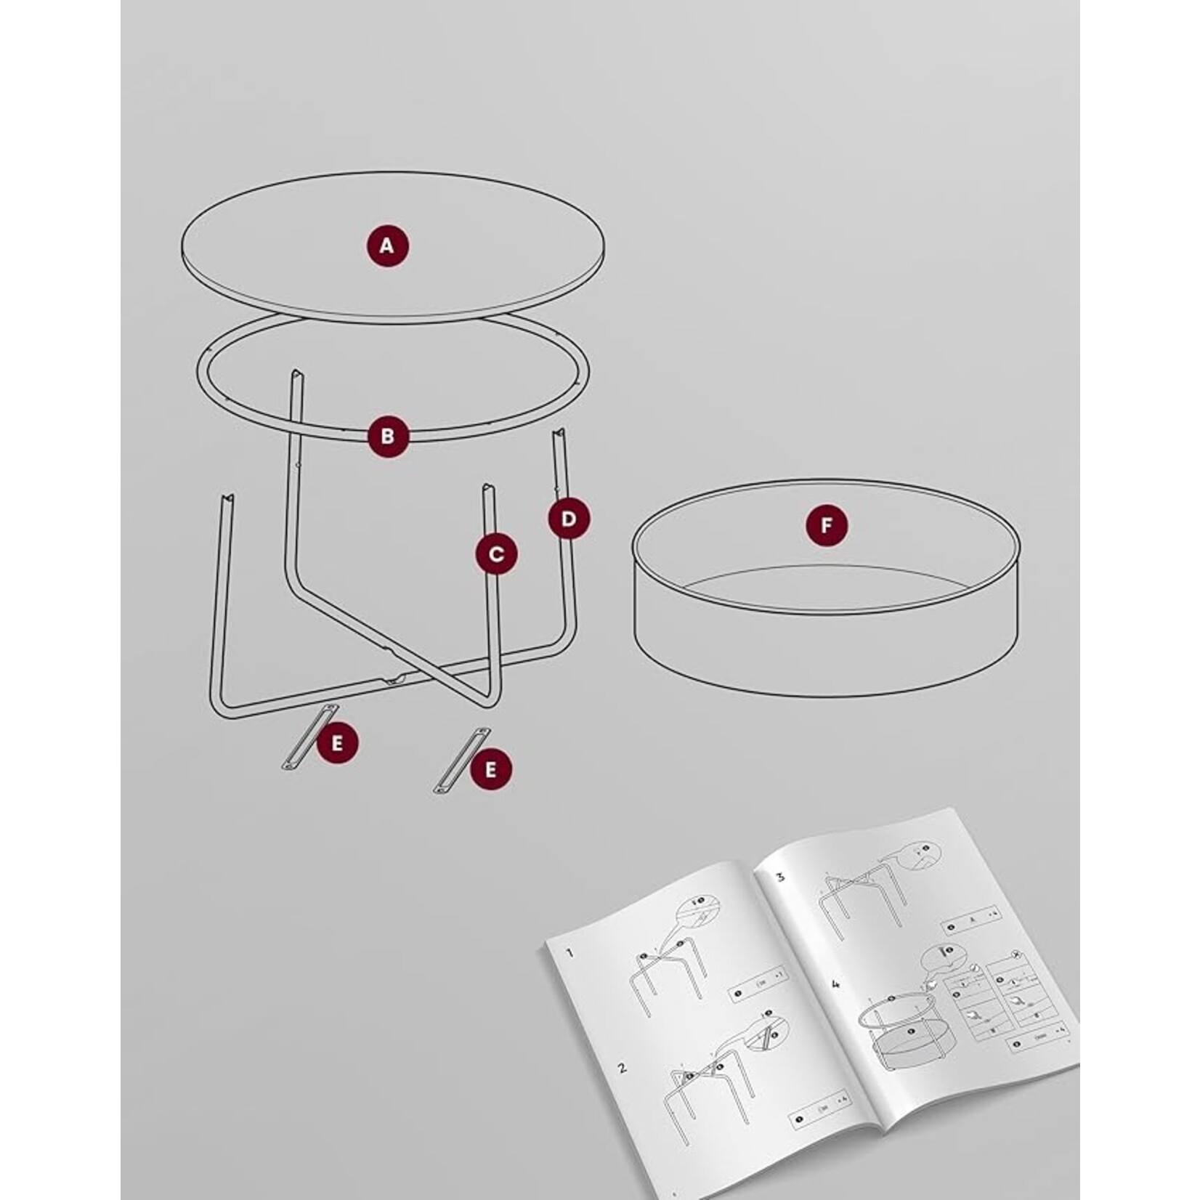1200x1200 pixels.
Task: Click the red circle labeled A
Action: (x=387, y=246)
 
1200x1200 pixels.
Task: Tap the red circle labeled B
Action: (x=387, y=436)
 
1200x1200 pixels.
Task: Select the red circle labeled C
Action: (x=497, y=554)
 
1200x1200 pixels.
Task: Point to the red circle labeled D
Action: (x=569, y=518)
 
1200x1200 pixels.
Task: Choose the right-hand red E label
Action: (x=490, y=769)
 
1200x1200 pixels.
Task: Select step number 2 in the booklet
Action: (x=622, y=1069)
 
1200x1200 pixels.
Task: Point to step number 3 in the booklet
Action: (x=780, y=876)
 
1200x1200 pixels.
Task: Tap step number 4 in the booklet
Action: (x=836, y=985)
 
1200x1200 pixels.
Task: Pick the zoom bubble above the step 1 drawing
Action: (x=697, y=915)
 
